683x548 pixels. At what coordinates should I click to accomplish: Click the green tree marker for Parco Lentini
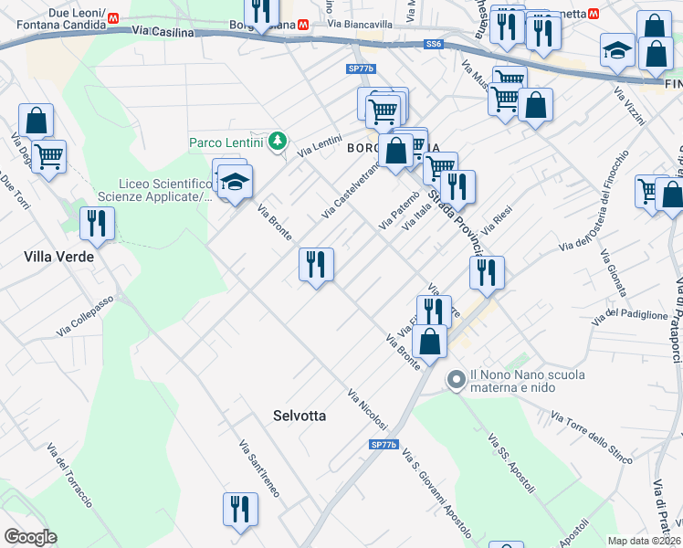pos(278,142)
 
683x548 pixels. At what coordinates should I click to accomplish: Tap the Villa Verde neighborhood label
pos(58,258)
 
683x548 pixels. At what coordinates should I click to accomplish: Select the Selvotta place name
pos(299,416)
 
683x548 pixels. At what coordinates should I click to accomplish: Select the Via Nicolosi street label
pos(367,409)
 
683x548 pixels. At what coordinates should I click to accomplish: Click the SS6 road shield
pos(433,44)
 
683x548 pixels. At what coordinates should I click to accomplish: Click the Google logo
pos(30,537)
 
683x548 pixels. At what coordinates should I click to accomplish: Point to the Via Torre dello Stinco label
pos(591,437)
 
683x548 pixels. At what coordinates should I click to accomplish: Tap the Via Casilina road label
pos(163,32)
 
